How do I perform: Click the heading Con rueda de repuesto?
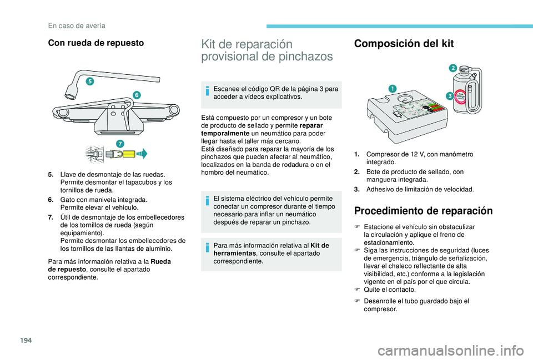[96, 43]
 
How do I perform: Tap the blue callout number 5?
[89, 82]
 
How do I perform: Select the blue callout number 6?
[137, 95]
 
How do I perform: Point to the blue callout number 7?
[119, 144]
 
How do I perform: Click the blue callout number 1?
[392, 89]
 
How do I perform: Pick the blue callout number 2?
[452, 68]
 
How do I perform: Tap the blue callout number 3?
[450, 96]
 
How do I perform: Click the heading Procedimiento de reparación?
[423, 211]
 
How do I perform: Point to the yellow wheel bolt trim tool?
[129, 153]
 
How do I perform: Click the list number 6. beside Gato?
[52, 199]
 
